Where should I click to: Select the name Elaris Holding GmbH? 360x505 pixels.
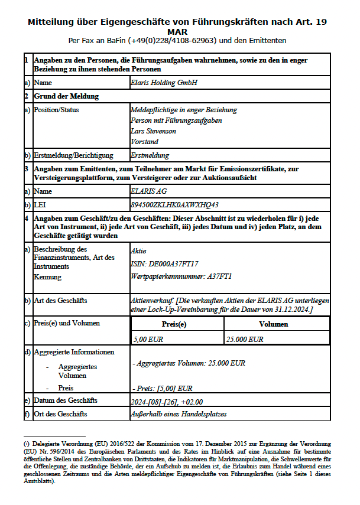(164, 83)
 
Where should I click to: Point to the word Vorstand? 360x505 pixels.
(144, 142)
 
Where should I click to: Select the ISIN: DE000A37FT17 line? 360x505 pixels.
(164, 263)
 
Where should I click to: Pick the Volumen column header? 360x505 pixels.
(274, 324)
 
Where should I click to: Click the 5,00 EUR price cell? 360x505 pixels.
(148, 339)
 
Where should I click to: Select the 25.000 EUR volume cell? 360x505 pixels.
(245, 339)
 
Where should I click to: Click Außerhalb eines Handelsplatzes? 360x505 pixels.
(178, 414)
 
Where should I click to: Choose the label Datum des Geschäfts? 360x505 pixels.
(66, 401)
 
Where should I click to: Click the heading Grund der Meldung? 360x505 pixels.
(66, 96)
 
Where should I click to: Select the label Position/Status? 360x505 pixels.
(56, 109)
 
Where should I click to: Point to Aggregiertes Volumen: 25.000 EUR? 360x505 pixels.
(190, 363)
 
